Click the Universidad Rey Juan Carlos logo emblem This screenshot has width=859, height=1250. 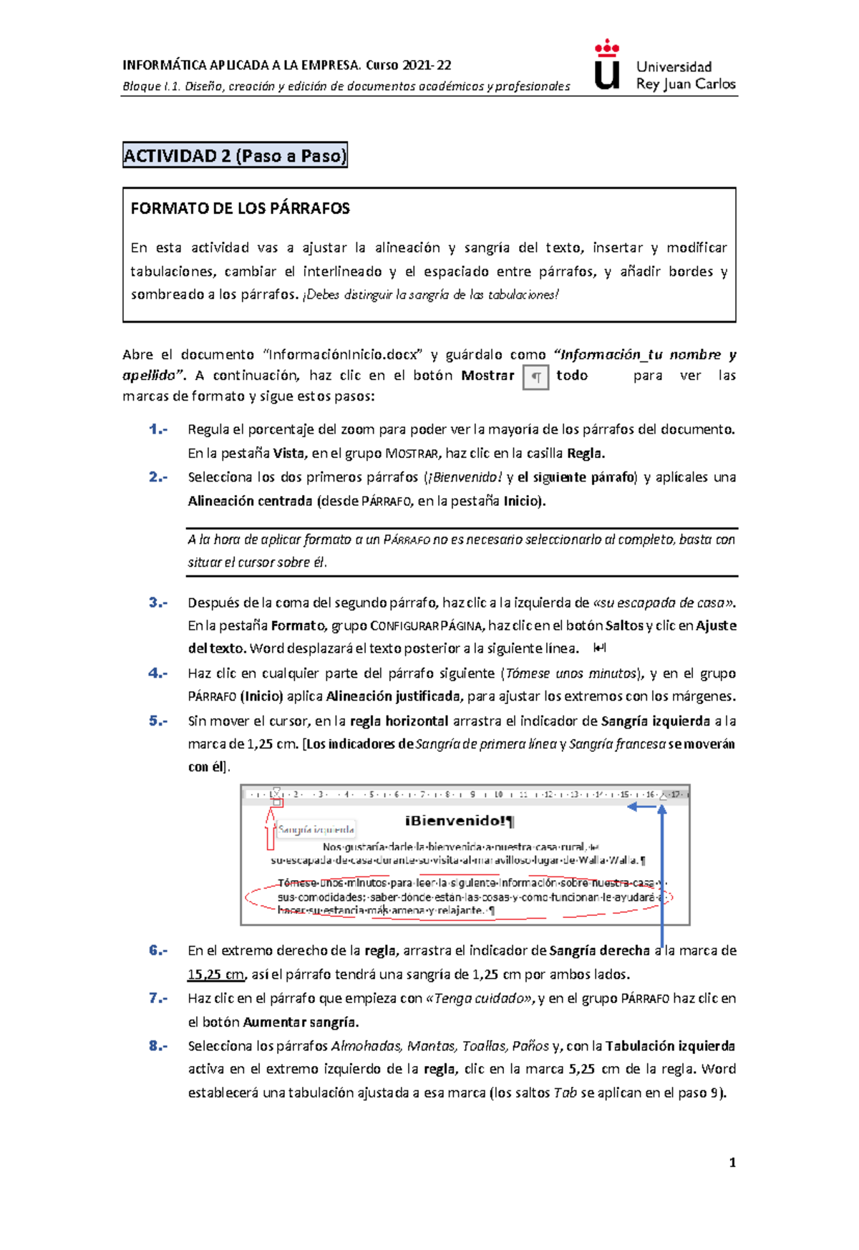pos(607,66)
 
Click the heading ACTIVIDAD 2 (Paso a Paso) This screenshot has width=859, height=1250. pos(235,155)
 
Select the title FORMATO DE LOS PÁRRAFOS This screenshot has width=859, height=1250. pos(240,209)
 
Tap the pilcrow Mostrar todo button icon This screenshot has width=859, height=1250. pos(535,377)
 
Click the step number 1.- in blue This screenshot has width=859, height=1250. pos(158,429)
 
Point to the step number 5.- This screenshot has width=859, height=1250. pos(158,721)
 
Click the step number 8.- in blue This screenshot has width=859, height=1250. pos(158,1045)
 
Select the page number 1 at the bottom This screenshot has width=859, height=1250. pos(732,1163)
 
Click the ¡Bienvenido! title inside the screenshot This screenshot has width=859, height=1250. pos(459,821)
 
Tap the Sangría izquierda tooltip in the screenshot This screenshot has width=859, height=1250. pos(316,829)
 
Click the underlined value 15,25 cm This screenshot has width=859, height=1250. pos(215,975)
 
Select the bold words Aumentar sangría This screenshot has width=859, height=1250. pos(301,1022)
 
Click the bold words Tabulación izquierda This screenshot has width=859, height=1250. pos(670,1045)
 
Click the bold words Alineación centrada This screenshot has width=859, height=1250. pos(250,501)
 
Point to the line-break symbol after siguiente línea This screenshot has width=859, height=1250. pos(600,648)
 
